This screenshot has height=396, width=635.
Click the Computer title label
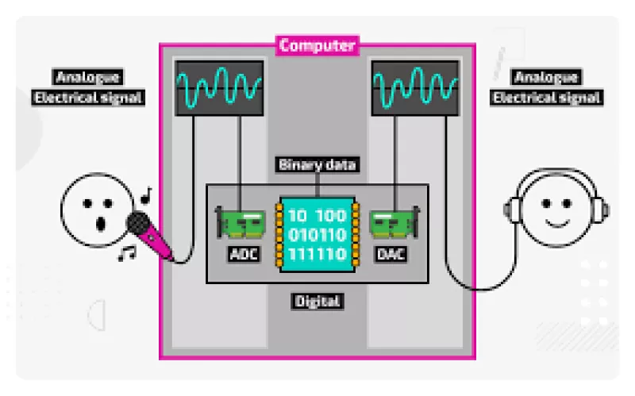[x=317, y=45]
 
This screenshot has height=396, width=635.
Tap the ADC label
[x=244, y=254]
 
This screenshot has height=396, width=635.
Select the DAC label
[x=391, y=254]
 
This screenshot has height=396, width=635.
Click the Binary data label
[x=317, y=165]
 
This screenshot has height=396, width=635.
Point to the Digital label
[x=317, y=302]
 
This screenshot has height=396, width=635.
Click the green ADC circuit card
[x=241, y=224]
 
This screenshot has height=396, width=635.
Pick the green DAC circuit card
[x=394, y=224]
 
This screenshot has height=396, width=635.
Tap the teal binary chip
[x=317, y=234]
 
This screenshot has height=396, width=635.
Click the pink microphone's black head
[x=138, y=223]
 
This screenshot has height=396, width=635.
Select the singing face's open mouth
[x=101, y=223]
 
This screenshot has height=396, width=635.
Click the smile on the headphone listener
[x=557, y=224]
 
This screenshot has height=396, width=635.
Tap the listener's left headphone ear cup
[x=514, y=210]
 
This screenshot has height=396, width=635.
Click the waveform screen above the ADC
[x=219, y=88]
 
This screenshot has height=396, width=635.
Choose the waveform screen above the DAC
[x=415, y=88]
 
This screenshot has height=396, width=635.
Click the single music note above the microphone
[x=146, y=195]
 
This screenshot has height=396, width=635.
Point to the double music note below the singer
[x=127, y=253]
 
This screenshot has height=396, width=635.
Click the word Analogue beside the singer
[x=87, y=77]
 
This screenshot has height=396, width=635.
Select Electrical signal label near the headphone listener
[x=546, y=98]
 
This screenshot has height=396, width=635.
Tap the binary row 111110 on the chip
[x=317, y=254]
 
